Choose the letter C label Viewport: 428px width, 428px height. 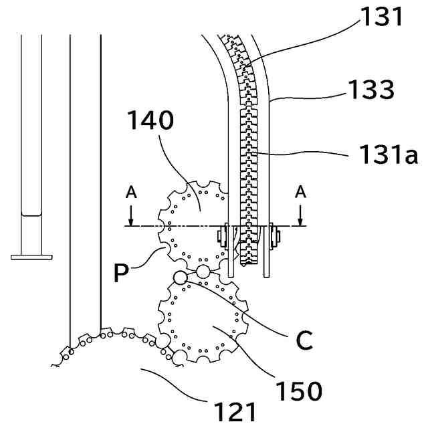[x=304, y=340]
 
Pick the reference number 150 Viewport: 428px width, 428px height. [x=300, y=389]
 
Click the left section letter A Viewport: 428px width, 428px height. [x=131, y=193]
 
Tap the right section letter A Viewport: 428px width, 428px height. [x=301, y=193]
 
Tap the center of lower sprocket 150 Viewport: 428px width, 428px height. [x=201, y=318]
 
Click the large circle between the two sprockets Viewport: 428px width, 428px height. [x=203, y=271]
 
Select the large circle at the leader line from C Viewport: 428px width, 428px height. [x=179, y=277]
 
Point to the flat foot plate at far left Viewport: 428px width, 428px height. [x=31, y=256]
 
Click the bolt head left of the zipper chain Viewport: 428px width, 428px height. [x=221, y=235]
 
